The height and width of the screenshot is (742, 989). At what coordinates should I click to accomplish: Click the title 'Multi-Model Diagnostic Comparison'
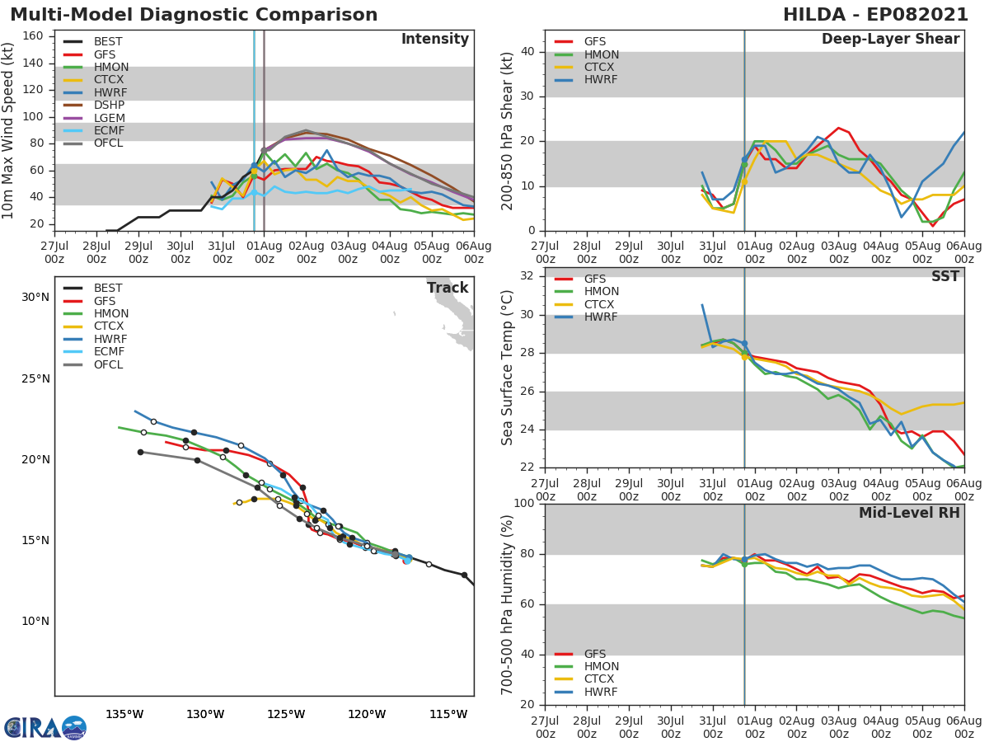coord(194,15)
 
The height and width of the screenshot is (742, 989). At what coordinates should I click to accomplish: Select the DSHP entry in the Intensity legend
coord(110,106)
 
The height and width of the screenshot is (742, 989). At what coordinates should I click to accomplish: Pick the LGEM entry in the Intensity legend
coord(110,118)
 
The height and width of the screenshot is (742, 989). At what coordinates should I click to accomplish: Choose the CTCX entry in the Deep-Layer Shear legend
coord(601,68)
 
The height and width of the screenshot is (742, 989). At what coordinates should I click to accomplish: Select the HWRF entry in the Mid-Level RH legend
coord(600,692)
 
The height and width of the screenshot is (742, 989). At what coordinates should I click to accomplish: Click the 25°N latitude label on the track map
coord(34,378)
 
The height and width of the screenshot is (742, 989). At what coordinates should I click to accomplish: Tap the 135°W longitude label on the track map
coord(124,714)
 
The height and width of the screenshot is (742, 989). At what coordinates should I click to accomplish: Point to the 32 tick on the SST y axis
coord(527,276)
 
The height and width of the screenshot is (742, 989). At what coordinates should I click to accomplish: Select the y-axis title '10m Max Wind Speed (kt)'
coord(9,130)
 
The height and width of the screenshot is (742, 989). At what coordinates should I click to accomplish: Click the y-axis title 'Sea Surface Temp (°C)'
coord(507,368)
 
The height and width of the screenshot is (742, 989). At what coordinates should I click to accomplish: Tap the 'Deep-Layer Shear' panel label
coord(890,40)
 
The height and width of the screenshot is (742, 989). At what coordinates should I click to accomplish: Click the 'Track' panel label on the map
coord(448,288)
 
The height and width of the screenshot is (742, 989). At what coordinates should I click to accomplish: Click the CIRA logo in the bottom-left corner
coord(45,726)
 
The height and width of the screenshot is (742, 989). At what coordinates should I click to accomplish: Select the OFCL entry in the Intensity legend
coord(110,143)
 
